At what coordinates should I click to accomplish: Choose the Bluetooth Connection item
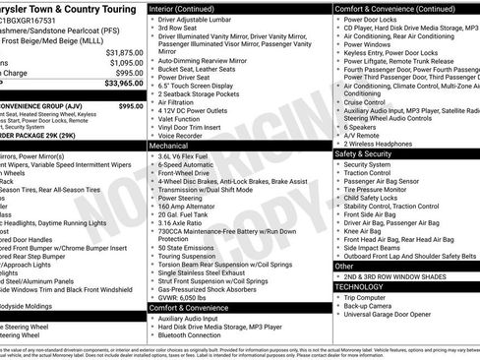tap(196, 336)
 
